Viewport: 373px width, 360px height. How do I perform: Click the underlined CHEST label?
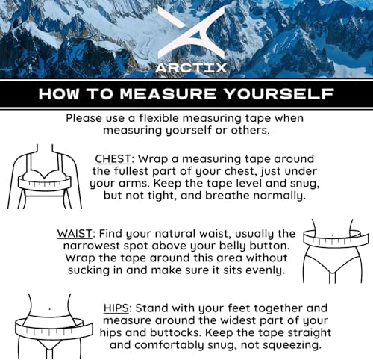(113, 159)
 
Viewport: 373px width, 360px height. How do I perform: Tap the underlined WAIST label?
(75, 234)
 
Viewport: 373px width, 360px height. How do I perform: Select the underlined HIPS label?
(116, 308)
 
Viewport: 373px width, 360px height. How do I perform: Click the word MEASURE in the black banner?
(169, 94)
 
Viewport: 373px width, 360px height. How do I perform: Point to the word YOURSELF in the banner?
(278, 94)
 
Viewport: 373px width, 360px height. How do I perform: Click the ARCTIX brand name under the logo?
(191, 68)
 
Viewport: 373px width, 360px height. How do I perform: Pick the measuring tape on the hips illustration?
(54, 328)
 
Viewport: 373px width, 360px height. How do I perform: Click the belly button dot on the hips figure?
(50, 309)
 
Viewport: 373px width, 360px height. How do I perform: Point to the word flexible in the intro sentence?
(160, 118)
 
